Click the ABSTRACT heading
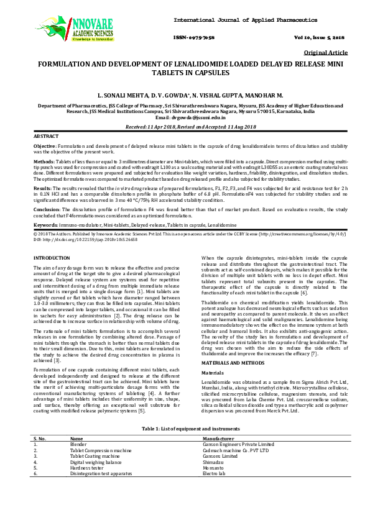[46, 135]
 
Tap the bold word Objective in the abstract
[44, 145]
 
